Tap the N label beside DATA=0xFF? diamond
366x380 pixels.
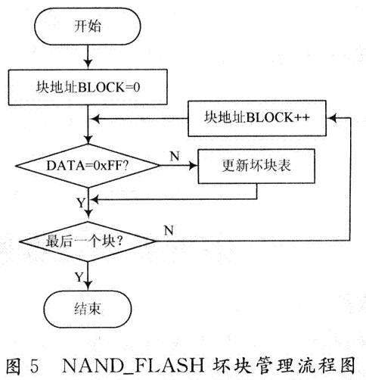pyautogui.click(x=173, y=154)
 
